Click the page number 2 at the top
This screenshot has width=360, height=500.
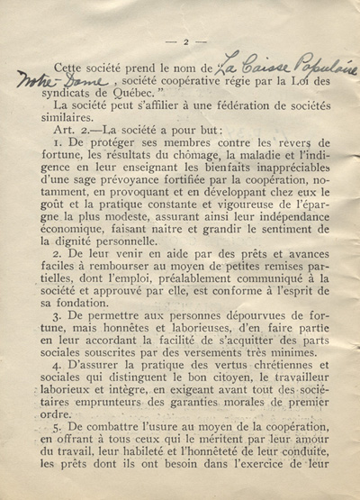184,41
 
